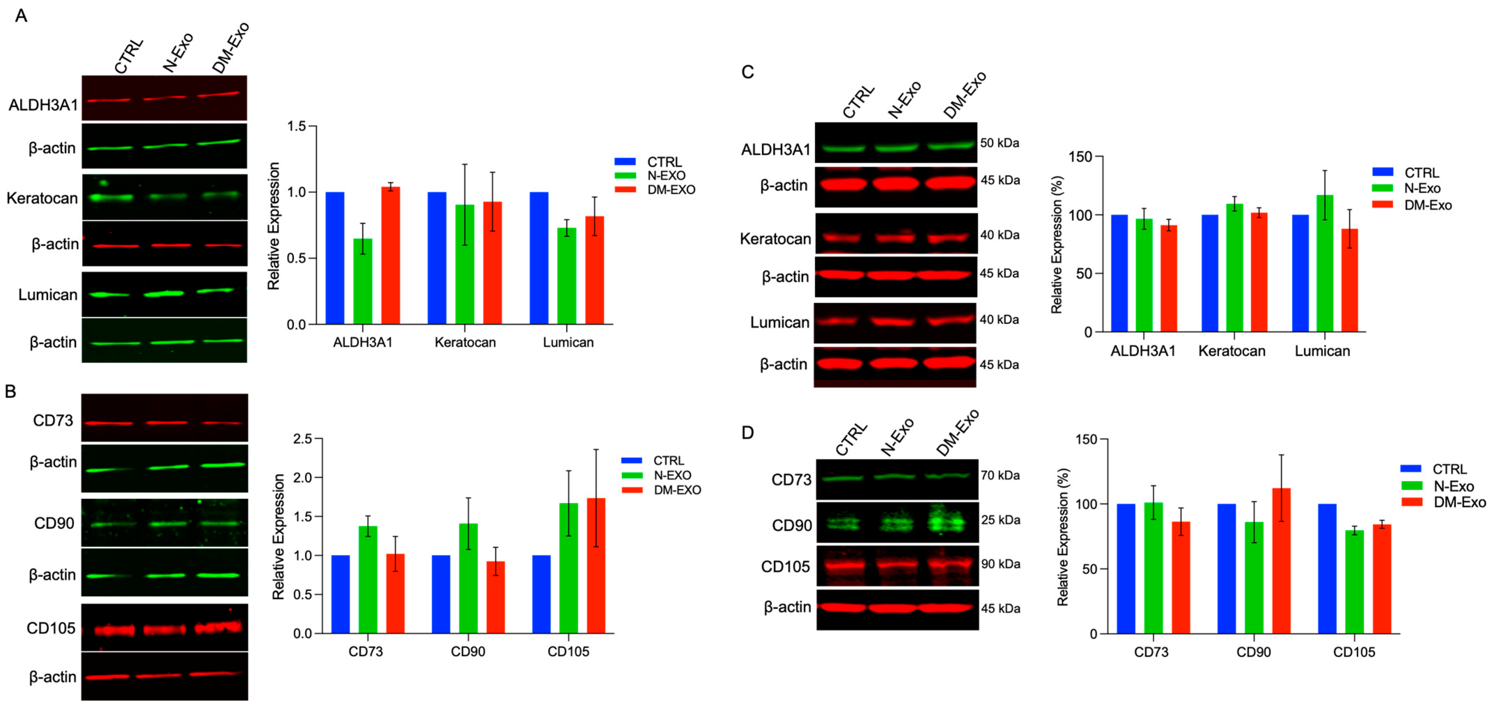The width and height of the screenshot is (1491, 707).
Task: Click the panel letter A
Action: [x=21, y=16]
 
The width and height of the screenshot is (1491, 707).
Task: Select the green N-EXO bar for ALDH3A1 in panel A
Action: [x=363, y=282]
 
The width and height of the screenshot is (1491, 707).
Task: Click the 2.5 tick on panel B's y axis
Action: [x=303, y=439]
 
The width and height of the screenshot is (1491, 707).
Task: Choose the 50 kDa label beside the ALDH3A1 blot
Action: [x=1000, y=143]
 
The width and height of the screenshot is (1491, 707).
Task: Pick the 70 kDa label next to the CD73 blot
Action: [x=1000, y=475]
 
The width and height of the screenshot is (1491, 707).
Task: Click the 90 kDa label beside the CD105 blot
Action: [x=1000, y=564]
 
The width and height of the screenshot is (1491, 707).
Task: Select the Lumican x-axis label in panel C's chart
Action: [x=1322, y=351]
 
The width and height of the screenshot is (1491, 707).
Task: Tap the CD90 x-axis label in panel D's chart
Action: [x=1253, y=652]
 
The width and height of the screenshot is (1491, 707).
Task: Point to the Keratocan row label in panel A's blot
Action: [x=42, y=198]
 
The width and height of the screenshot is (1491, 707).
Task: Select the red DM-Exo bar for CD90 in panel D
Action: [x=1281, y=561]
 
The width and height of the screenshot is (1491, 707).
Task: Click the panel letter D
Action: [x=747, y=432]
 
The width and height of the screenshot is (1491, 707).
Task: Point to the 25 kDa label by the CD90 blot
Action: [x=1000, y=520]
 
